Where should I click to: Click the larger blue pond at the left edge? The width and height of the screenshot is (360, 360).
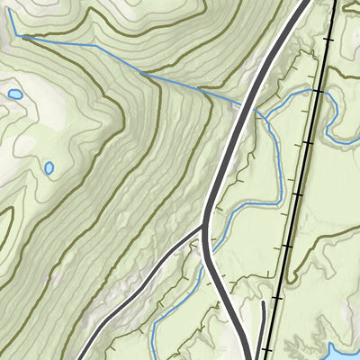point(15,94)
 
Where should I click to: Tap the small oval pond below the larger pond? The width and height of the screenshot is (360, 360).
point(49,167)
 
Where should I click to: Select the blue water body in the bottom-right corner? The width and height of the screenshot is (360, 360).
point(346,351)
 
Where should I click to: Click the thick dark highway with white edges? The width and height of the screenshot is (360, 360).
point(221,171)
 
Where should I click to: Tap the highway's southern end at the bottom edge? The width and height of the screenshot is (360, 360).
point(247,356)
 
